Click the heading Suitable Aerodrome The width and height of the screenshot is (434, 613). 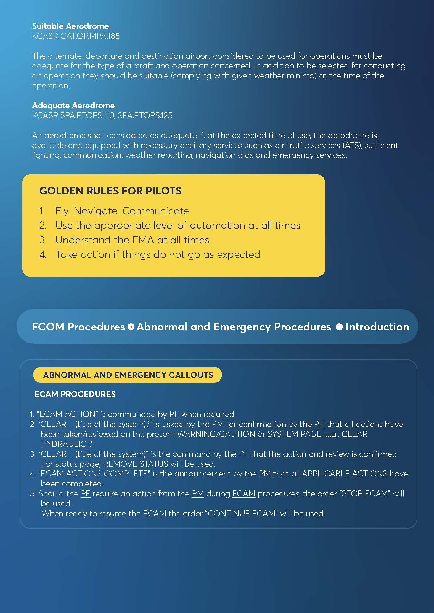coord(70,26)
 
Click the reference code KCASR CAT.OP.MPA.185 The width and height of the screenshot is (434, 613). coord(76,36)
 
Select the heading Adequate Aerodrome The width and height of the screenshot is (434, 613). coord(73,105)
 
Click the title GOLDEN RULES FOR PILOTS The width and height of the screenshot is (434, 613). coord(110,191)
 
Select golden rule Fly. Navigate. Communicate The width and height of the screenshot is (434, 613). coord(122,211)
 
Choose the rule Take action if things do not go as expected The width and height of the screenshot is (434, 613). coord(158,254)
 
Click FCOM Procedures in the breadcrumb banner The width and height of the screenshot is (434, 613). coord(78,327)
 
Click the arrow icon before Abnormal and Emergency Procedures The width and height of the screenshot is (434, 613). coord(131,327)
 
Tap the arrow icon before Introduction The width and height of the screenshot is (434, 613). coord(339,327)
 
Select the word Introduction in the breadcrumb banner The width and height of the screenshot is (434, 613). coord(377,327)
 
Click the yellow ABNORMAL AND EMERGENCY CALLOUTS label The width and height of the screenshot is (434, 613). coord(128,375)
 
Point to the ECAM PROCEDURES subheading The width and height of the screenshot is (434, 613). coord(75,394)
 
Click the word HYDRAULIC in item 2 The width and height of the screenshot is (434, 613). coord(63,444)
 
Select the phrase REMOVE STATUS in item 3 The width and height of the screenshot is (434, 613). coord(135,464)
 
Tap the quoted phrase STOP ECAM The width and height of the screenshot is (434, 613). coord(365,494)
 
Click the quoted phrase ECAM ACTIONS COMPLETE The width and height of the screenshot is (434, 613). coord(93,474)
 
